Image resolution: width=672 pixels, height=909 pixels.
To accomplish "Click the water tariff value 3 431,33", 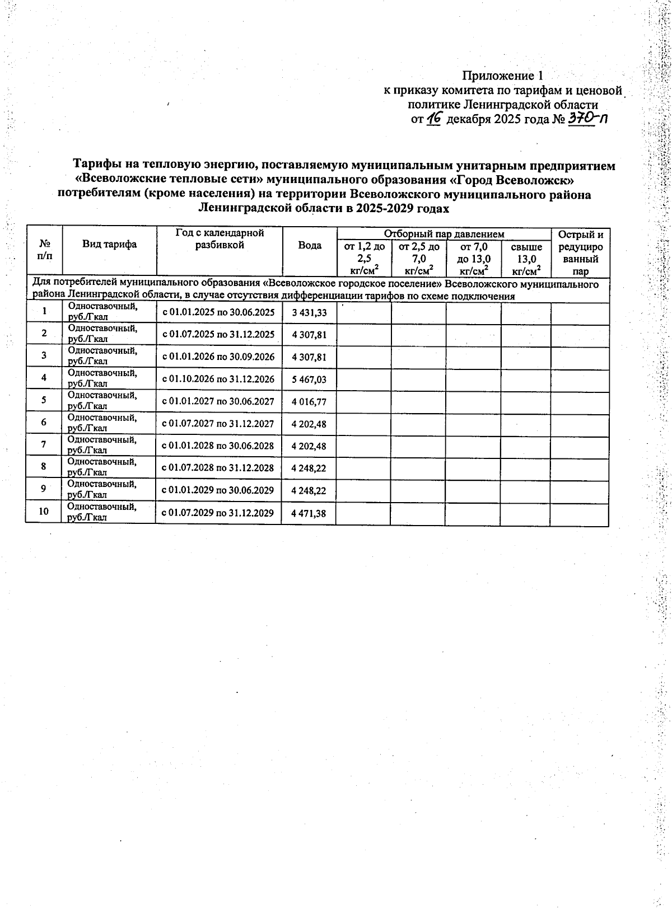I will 309,313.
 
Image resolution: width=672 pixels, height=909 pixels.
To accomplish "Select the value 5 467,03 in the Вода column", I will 309,379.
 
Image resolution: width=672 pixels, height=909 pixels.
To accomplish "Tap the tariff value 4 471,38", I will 309,513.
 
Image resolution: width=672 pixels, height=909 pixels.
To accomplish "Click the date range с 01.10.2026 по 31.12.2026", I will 218,379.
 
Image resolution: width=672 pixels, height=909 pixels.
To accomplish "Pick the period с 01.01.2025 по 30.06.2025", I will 218,313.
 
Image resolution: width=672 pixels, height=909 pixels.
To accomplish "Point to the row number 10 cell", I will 44,512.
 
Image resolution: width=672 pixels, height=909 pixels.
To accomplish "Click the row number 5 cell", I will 44,400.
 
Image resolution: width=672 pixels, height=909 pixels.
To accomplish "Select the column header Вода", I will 310,246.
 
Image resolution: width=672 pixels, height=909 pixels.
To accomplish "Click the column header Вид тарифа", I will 110,244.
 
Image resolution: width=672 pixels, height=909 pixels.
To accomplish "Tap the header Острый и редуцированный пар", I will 581,253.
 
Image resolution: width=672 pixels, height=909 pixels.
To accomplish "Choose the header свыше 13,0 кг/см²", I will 526,259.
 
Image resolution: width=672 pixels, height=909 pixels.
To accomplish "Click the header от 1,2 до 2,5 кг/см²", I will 364,259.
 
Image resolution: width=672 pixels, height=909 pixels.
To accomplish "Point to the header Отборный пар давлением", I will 444,234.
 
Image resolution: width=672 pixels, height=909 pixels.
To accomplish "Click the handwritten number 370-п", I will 587,118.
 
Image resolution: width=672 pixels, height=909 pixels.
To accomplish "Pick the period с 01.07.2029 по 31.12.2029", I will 218,513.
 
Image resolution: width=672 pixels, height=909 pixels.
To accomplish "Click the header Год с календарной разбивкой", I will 220,238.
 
